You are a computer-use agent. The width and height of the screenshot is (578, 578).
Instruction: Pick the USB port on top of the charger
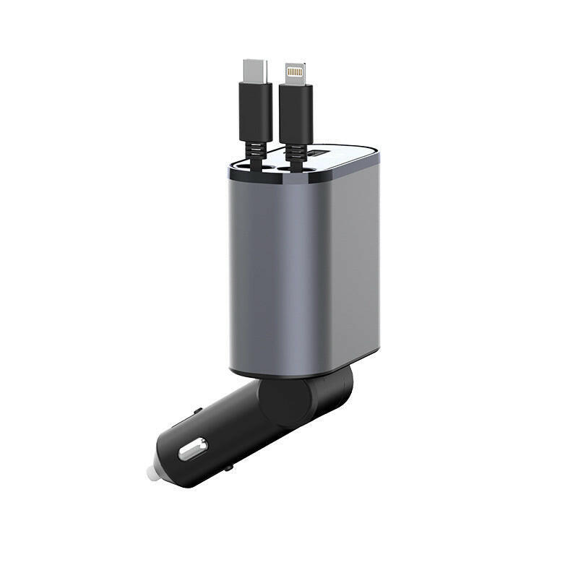(x=319, y=154)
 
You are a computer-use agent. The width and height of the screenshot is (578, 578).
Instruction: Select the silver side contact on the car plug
(x=192, y=451)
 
